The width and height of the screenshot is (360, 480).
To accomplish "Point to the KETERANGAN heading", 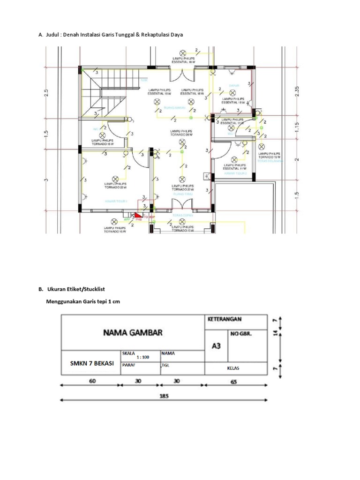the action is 224,319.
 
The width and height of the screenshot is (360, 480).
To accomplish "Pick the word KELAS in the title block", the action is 233,368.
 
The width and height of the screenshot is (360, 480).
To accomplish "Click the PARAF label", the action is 129,365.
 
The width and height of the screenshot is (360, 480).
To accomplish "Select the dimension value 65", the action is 234,382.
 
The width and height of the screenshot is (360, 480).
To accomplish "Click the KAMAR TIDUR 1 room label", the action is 116,201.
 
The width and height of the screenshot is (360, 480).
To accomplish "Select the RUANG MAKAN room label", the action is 174,108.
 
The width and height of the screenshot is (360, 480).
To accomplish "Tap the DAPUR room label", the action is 234,86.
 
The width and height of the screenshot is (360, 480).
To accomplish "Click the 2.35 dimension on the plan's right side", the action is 296,90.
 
